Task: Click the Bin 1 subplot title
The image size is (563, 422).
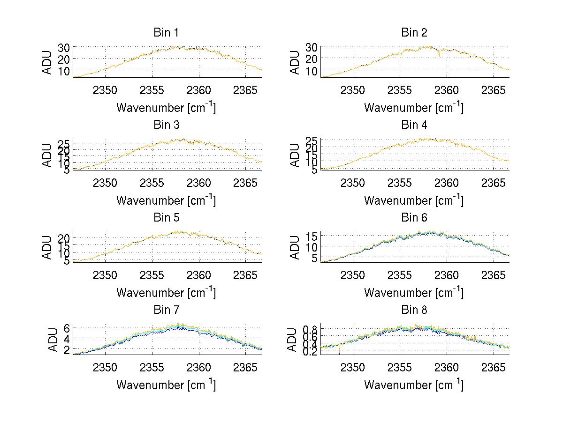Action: tap(166, 32)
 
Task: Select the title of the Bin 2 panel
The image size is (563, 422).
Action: tap(414, 32)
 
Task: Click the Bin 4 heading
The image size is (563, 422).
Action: tap(414, 125)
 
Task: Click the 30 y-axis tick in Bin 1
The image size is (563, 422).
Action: tap(64, 47)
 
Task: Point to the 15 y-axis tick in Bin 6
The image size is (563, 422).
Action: tap(312, 235)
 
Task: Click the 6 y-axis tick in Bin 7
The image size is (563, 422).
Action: tap(67, 327)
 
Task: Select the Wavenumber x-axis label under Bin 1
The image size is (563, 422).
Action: tap(166, 107)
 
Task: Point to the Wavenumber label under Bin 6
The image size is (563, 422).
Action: tap(414, 292)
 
